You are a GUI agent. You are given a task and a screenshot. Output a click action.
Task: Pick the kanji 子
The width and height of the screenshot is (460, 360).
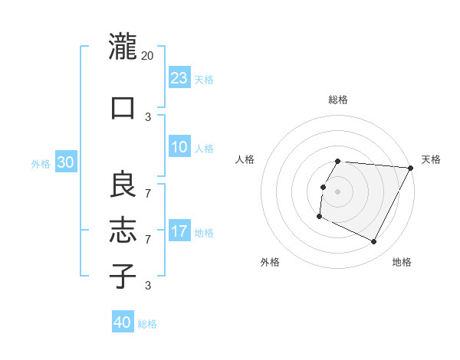(123, 275)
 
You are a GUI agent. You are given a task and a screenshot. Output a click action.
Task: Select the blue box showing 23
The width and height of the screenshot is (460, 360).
(179, 78)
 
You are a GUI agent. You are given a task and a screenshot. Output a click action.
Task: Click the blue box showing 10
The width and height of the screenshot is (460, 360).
(179, 147)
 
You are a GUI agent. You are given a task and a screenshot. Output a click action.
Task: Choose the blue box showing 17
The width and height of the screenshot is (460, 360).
(179, 231)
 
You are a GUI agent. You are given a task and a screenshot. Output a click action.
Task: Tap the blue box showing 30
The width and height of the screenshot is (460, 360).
(65, 162)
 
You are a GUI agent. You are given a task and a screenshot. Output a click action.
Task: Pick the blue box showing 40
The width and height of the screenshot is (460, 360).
(123, 322)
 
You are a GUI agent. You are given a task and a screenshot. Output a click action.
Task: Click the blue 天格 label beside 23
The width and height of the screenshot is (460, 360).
(204, 80)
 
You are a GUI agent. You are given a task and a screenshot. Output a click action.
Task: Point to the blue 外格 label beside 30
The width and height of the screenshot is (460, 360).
(41, 163)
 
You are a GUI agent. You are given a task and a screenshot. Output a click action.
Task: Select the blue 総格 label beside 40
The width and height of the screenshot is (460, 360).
(147, 324)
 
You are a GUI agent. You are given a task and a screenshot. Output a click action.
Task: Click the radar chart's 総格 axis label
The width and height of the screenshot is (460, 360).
(338, 100)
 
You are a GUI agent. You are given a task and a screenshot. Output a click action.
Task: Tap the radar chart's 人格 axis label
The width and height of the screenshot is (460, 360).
(245, 159)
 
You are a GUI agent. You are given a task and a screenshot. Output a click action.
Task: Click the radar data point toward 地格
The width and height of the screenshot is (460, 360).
(374, 242)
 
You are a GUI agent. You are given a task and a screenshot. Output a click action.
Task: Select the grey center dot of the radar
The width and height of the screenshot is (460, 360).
(338, 191)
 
